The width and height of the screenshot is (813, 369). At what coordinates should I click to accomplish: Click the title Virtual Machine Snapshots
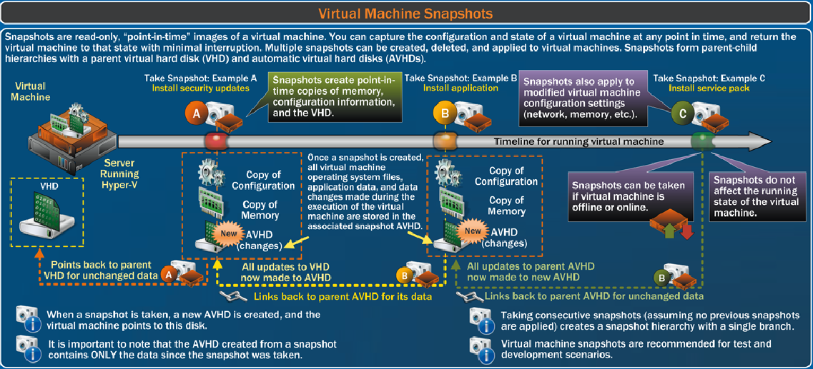[x=405, y=14]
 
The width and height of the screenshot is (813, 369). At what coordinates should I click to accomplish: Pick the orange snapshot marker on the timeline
[x=446, y=140]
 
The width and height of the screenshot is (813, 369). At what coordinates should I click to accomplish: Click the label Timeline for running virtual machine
[x=578, y=141]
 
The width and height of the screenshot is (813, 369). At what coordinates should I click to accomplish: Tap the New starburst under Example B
[x=473, y=230]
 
